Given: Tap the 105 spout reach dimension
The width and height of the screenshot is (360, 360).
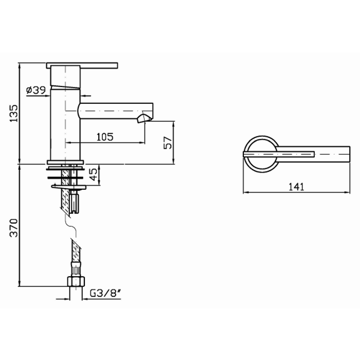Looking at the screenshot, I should tap(105, 136).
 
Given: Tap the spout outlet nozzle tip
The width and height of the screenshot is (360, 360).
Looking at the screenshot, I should tap(144, 120).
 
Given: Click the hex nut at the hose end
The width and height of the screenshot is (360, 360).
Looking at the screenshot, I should tap(75, 282).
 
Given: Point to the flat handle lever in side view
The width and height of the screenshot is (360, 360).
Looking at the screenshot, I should tap(82, 65).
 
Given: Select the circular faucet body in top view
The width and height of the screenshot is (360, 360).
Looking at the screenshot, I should tap(260, 154).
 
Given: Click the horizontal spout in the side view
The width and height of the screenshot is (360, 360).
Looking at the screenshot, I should tap(115, 109).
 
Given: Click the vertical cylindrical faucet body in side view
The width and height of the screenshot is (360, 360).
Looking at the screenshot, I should tap(65, 123).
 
